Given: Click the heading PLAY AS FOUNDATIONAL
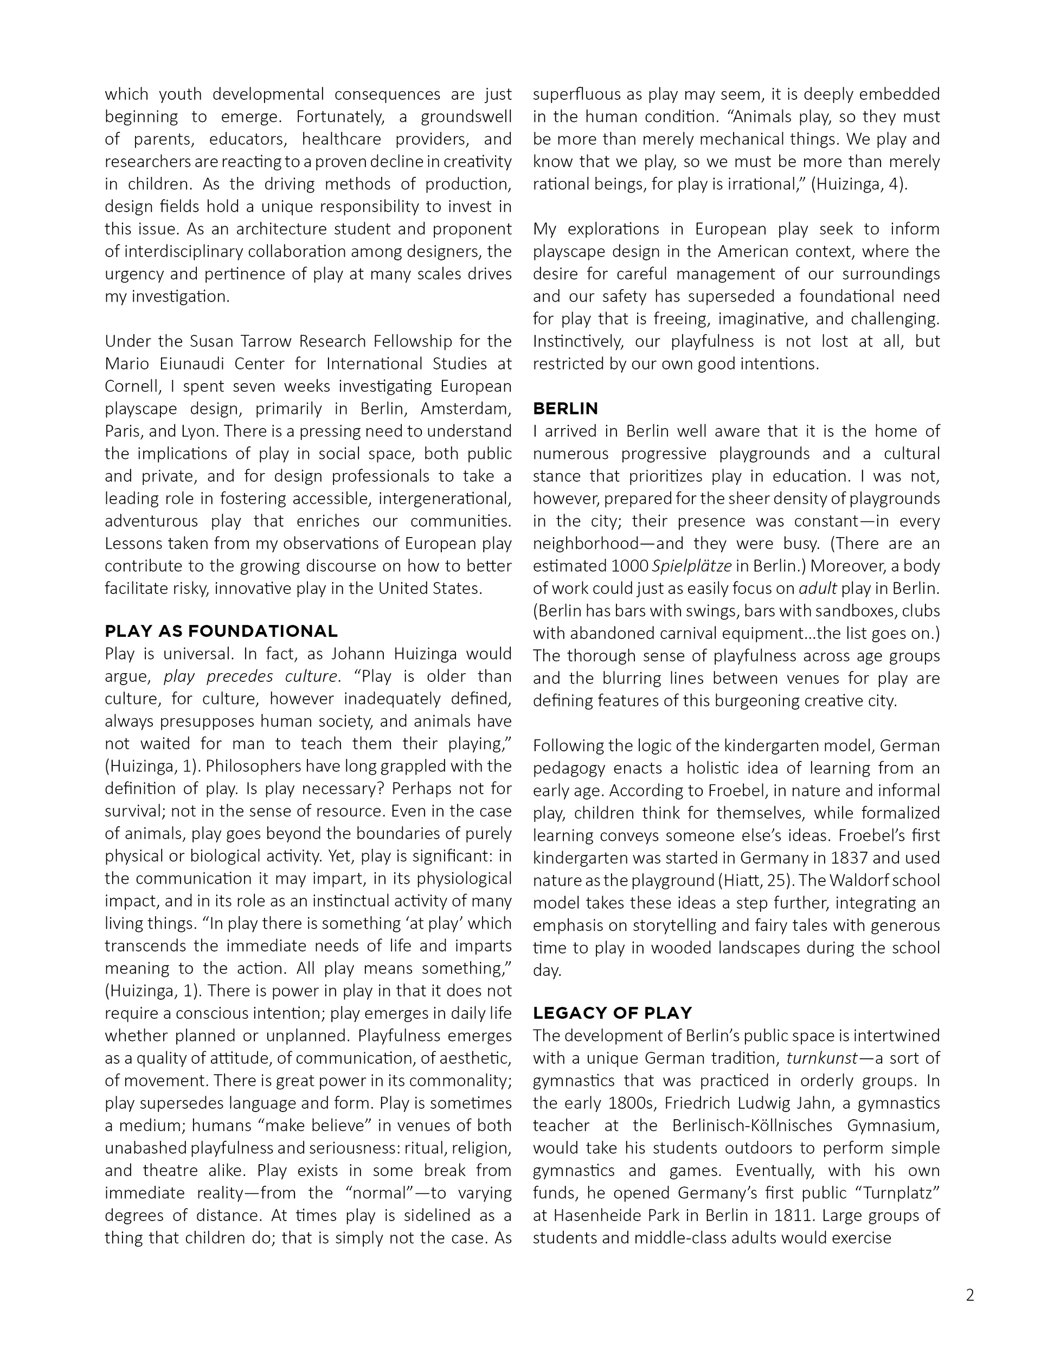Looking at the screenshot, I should point(221,631).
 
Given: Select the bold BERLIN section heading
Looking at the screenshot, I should point(566,408).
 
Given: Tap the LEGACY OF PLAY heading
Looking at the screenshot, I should point(612,1013).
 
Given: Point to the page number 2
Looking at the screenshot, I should point(970,1295).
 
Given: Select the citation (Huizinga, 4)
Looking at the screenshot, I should point(858,184).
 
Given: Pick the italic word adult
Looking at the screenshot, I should point(822,588).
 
